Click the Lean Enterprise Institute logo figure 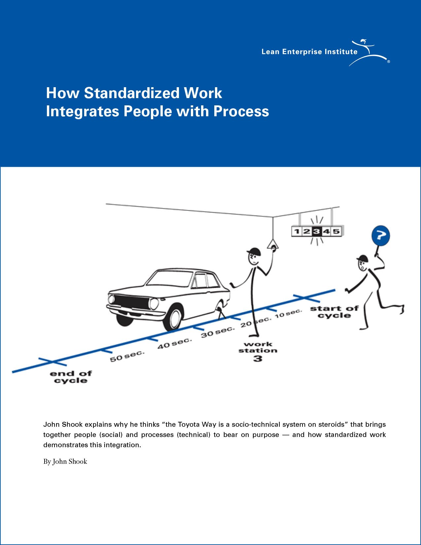tap(369, 53)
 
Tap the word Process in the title tap(241, 111)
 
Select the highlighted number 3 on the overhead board tap(317, 231)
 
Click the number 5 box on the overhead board tap(336, 231)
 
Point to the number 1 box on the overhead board tap(297, 231)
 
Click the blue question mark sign tap(381, 236)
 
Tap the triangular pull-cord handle tap(273, 245)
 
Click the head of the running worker tap(362, 264)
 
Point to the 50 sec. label tap(127, 356)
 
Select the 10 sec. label tap(288, 313)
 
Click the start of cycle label tap(334, 312)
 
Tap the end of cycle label tap(71, 377)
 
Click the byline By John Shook tap(65, 461)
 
